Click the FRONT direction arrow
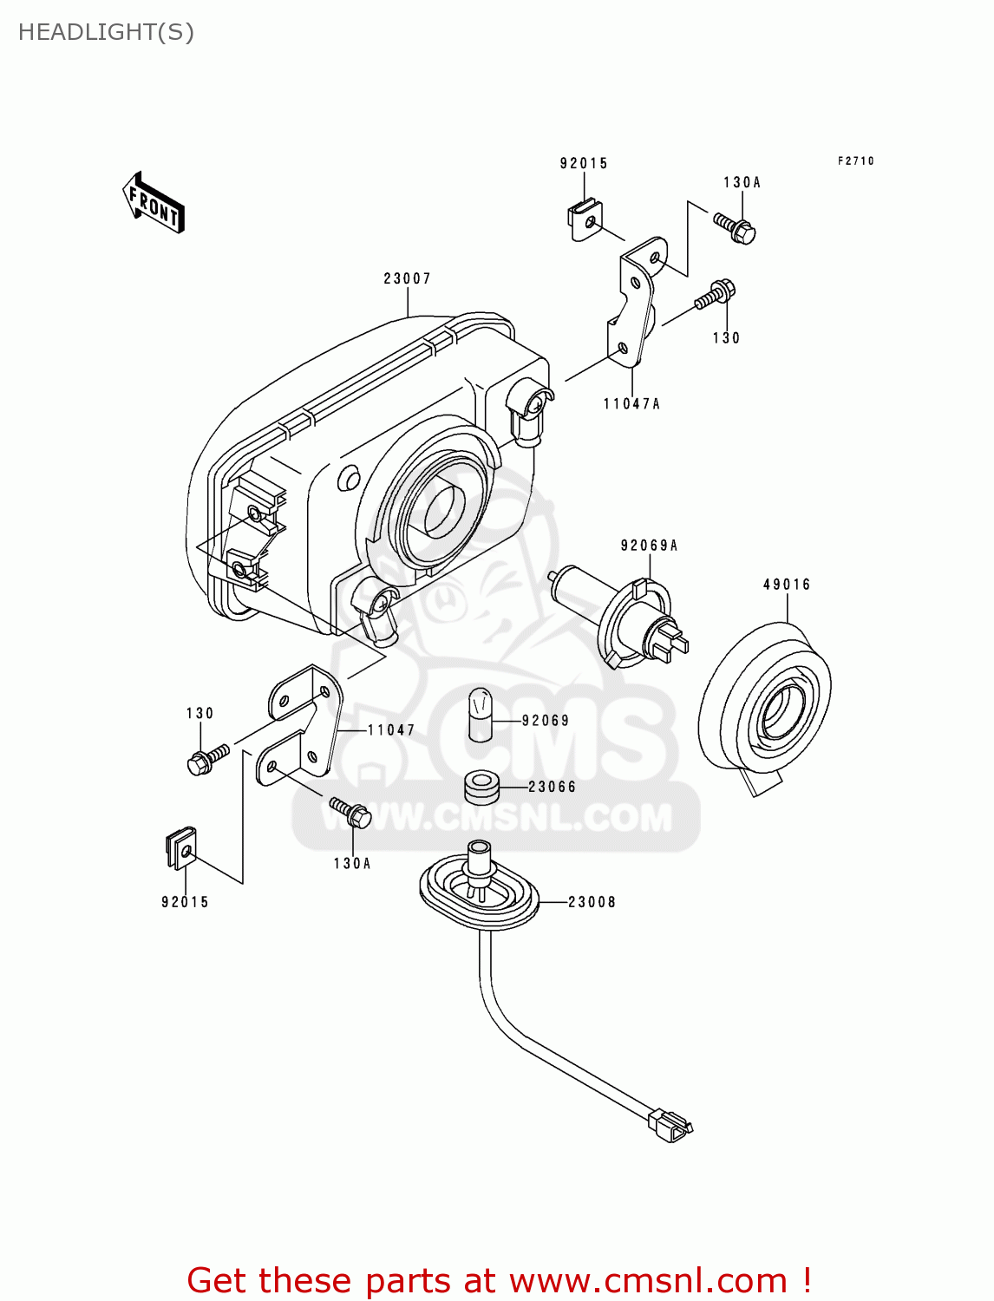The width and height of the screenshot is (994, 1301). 154,203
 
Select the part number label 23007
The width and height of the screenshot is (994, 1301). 407,278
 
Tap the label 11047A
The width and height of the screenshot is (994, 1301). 631,403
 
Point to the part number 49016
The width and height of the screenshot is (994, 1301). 787,585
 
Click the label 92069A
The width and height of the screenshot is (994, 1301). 649,546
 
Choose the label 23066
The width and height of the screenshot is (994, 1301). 553,787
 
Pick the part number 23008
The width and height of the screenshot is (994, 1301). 592,902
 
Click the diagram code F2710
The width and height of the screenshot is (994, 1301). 855,161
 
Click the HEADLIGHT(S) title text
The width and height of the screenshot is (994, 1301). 106,32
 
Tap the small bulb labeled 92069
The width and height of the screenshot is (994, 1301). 480,714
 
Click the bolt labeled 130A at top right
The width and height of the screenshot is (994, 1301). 735,227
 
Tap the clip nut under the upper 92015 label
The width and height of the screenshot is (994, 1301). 585,221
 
